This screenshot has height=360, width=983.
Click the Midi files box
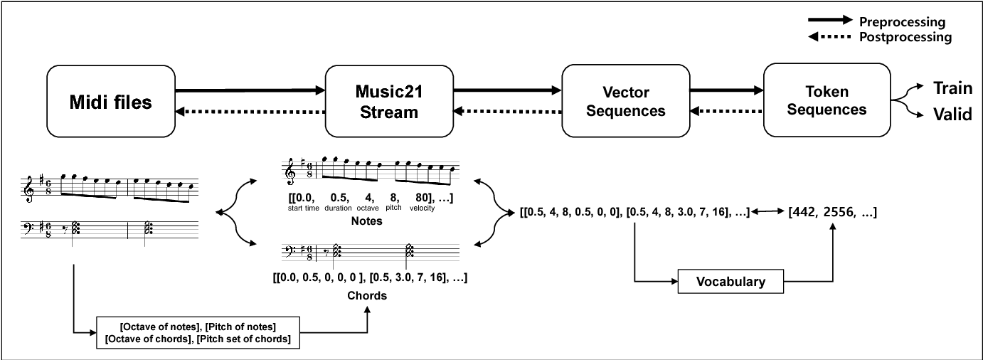[x=110, y=101]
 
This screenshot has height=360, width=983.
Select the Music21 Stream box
[x=389, y=101]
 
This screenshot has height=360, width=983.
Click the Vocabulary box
[x=730, y=282]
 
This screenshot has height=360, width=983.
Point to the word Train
[x=952, y=88]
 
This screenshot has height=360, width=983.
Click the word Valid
[x=952, y=114]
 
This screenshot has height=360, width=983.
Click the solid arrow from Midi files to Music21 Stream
[x=250, y=90]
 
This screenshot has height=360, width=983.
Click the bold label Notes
[x=367, y=221]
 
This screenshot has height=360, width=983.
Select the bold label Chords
[x=368, y=295]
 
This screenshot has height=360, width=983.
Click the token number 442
[x=803, y=213]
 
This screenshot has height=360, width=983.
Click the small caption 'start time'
[x=304, y=208]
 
